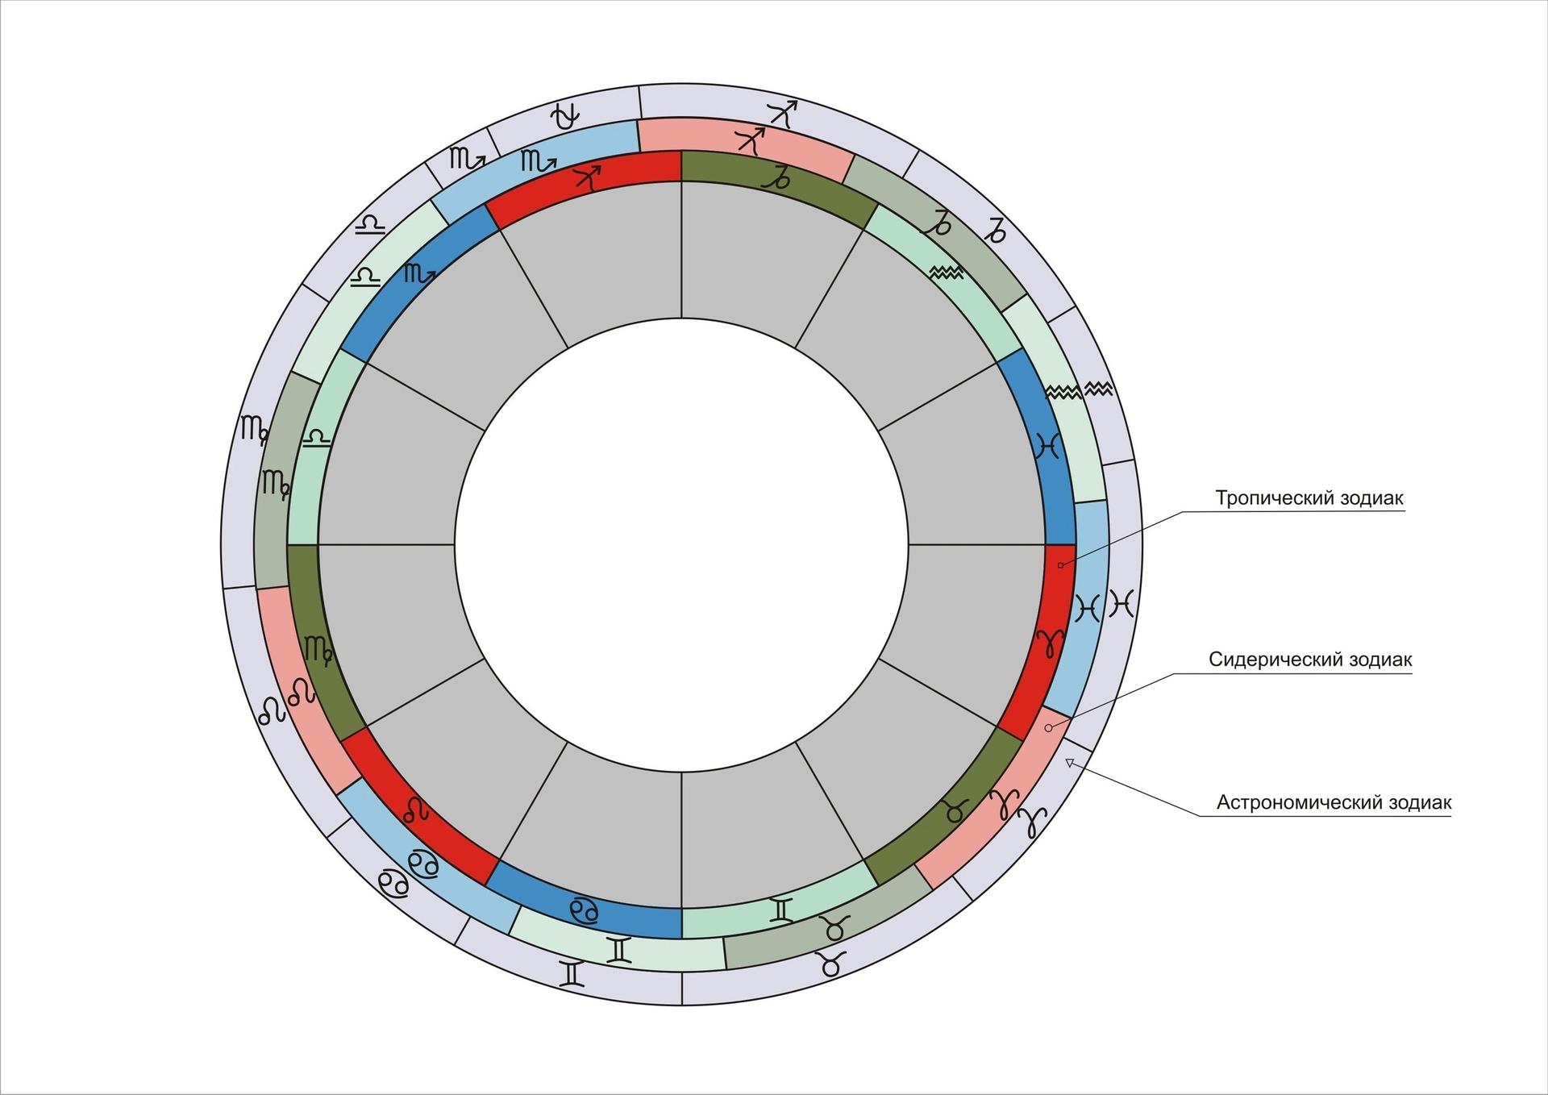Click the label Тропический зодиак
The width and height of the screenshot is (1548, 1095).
(1309, 498)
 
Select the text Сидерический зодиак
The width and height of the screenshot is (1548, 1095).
(1309, 660)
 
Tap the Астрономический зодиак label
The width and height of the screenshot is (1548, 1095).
(1334, 802)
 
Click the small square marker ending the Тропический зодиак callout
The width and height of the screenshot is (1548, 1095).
(1060, 565)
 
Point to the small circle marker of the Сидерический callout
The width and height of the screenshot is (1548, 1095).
(1048, 728)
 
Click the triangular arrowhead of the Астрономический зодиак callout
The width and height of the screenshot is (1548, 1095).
(1070, 762)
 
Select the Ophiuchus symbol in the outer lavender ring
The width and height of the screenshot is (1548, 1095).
(564, 117)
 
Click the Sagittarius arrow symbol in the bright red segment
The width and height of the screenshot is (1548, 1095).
(588, 177)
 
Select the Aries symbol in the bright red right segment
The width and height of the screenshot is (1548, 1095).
(1050, 643)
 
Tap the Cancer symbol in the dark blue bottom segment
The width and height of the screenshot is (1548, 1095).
(584, 910)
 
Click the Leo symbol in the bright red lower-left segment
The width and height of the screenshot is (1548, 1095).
(416, 810)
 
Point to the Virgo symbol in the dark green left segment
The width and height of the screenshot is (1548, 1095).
(318, 651)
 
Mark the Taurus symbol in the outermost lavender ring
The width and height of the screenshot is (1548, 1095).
(831, 963)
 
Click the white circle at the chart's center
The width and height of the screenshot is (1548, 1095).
(681, 544)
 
